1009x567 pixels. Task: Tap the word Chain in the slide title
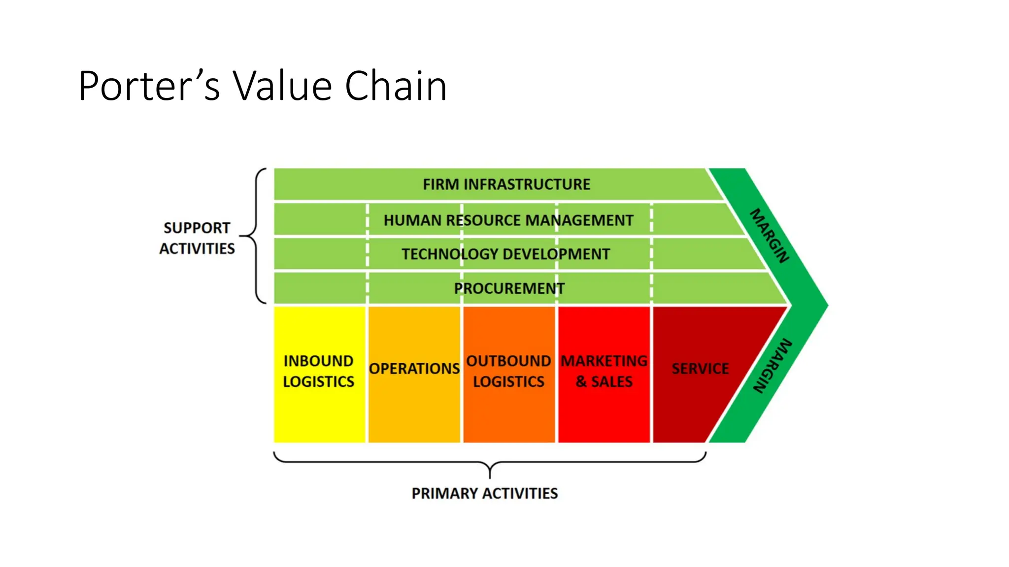(396, 86)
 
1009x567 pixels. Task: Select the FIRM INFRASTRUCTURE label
(506, 185)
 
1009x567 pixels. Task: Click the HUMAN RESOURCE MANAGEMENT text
(508, 220)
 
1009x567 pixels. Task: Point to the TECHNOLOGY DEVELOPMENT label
(505, 254)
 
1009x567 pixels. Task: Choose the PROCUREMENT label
(509, 288)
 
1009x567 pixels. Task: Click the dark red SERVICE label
(700, 369)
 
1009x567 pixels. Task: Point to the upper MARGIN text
(770, 236)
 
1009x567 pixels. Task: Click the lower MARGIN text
(773, 366)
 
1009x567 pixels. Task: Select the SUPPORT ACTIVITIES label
(197, 238)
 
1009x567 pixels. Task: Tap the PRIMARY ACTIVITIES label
(485, 493)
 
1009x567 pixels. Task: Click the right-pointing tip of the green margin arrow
(826, 306)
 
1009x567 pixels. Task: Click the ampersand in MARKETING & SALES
(581, 382)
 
